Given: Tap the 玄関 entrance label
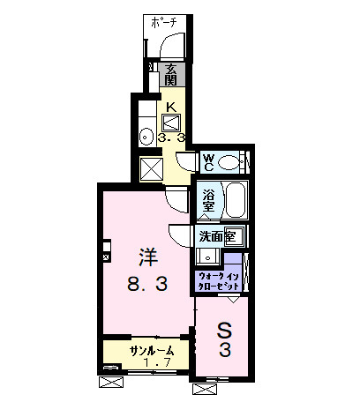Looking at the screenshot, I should click(x=170, y=74).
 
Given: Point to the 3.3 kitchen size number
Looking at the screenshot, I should click(x=171, y=138).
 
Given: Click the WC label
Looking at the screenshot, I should click(x=209, y=161).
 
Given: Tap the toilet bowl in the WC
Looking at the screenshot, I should click(x=231, y=161).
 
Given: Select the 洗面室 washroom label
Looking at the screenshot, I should click(x=216, y=235).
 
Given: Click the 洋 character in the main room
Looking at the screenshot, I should click(x=146, y=258).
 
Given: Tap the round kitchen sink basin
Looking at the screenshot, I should click(x=146, y=136).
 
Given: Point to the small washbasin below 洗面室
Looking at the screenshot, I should click(x=206, y=256).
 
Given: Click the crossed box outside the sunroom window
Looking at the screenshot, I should click(x=111, y=382).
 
